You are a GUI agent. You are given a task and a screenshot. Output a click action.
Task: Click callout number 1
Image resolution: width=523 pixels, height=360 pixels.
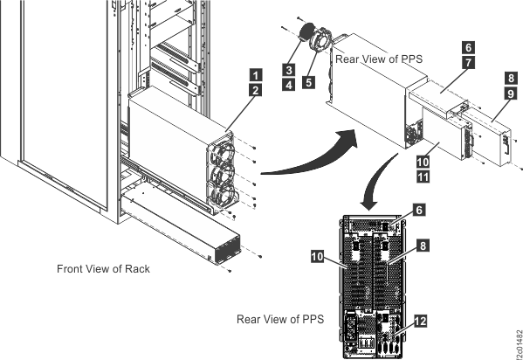pos(254,74)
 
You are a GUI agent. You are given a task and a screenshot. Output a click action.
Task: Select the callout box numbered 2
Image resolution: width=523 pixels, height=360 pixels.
pos(254,90)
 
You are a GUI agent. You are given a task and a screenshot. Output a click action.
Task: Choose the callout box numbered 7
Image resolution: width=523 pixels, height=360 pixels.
pos(469,63)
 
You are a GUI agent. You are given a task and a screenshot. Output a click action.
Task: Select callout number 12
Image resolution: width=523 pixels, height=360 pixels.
pos(421,322)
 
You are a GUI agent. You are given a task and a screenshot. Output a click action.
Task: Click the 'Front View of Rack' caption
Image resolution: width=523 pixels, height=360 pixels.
pos(104,268)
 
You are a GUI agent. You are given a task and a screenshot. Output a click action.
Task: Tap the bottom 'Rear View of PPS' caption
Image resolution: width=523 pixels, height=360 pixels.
pos(279,320)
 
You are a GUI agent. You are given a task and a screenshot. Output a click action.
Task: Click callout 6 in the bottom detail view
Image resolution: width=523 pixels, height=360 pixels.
pos(420,211)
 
